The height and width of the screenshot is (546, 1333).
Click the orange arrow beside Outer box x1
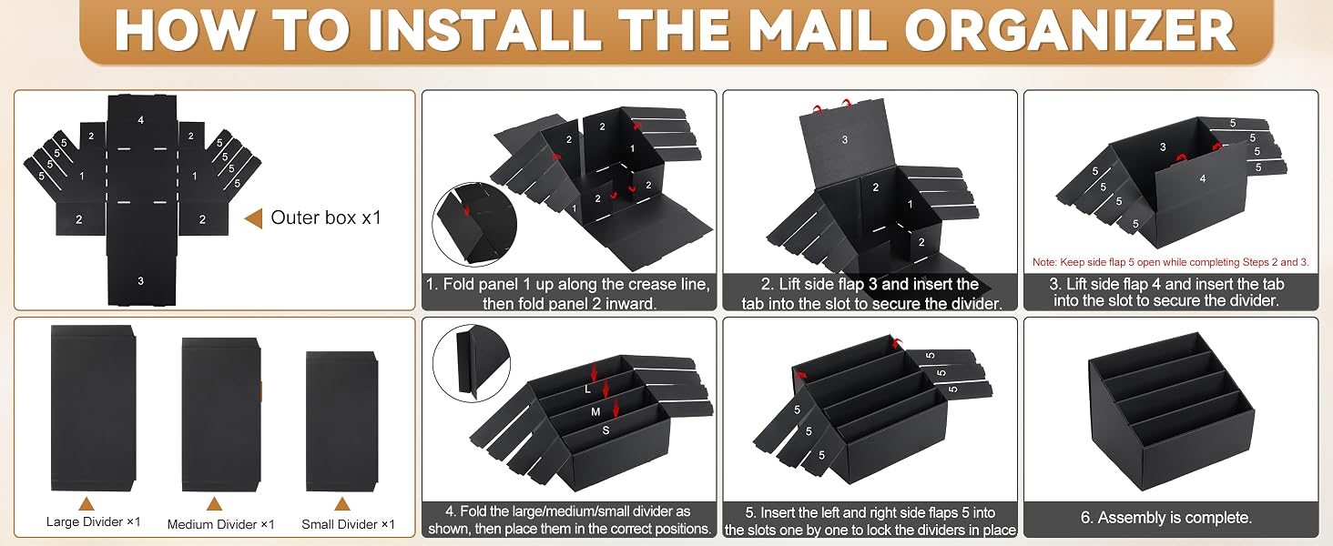tap(253, 218)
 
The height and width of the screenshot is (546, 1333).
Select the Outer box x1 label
tap(326, 217)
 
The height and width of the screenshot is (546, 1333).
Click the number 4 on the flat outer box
tap(140, 120)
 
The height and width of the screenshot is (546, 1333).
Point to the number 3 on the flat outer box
tap(140, 280)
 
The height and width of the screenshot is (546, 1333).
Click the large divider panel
tap(94, 408)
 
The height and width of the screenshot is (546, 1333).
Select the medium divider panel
tap(221, 415)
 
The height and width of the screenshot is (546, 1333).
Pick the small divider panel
tap(341, 421)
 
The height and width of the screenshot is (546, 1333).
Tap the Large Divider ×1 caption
tap(94, 521)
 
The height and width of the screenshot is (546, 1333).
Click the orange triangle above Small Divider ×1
tap(341, 504)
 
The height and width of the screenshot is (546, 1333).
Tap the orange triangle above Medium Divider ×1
tap(214, 504)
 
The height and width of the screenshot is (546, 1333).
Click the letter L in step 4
tap(587, 389)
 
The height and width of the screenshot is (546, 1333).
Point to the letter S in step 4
tap(605, 430)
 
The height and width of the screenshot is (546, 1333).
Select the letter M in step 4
tap(595, 411)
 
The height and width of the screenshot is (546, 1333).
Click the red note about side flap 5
tap(1171, 262)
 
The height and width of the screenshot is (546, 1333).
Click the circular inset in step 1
tap(474, 224)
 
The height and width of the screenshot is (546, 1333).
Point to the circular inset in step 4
tap(472, 363)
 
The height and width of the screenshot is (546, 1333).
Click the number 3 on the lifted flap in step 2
tap(844, 140)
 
